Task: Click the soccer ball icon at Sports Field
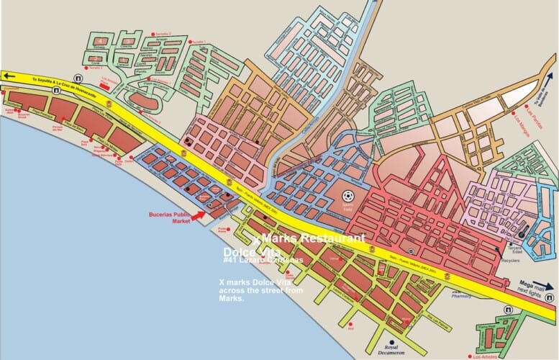point(349,194)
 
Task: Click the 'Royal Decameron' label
point(392,352)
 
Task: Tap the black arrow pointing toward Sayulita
point(9,75)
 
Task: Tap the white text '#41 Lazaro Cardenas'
point(263,260)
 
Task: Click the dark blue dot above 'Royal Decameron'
point(392,342)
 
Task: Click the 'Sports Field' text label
point(349,207)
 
